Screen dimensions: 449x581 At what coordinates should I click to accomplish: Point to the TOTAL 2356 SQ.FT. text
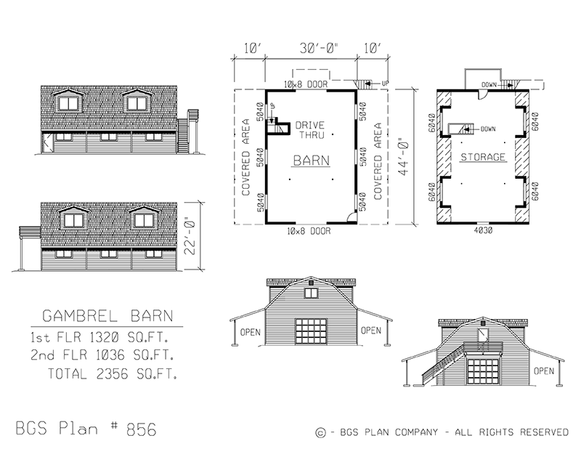tap(113, 374)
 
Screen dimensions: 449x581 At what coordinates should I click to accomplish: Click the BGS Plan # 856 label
tap(86, 428)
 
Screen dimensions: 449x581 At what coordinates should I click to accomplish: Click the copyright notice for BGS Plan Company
tap(442, 432)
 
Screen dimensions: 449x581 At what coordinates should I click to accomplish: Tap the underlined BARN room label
tap(311, 161)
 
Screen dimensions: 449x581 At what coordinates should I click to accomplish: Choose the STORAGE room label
tap(483, 157)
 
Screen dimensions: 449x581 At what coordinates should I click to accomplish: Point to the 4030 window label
tap(483, 232)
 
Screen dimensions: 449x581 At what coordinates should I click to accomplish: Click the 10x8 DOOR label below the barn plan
tap(307, 232)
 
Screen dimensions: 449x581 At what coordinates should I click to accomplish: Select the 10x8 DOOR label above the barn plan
tap(307, 85)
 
